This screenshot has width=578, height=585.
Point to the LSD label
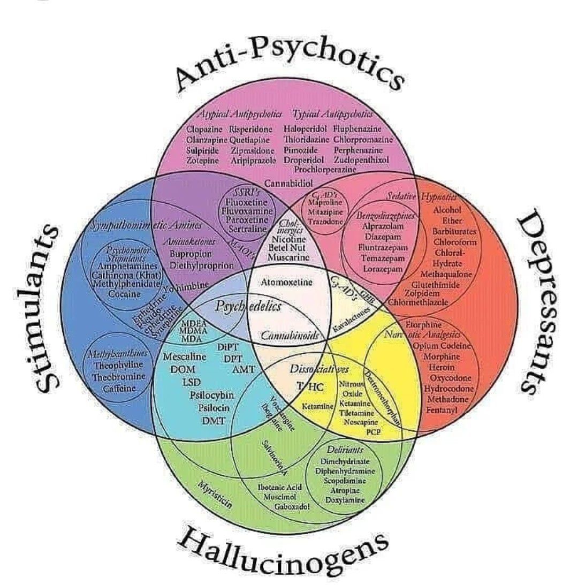[191, 382]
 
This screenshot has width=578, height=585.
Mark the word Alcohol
[447, 210]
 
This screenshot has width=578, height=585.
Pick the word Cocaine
[124, 294]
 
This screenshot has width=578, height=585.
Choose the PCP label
[372, 431]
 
